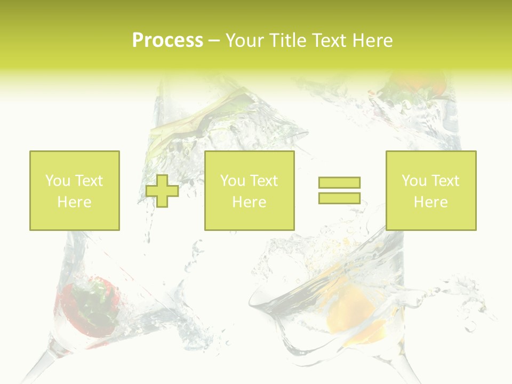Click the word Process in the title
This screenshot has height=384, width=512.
click(x=167, y=41)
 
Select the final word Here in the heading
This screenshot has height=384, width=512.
click(x=372, y=41)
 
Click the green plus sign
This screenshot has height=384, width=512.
click(x=162, y=191)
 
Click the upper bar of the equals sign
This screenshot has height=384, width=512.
click(x=339, y=182)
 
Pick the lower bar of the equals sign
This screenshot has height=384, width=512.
click(x=339, y=198)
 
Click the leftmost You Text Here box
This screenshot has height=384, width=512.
click(x=74, y=190)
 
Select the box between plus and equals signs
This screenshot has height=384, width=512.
click(x=249, y=190)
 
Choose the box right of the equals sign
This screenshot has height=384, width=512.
click(x=430, y=190)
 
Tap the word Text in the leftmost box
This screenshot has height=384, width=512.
click(x=88, y=181)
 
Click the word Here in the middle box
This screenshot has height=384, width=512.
click(x=249, y=202)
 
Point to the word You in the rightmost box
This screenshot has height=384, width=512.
click(x=414, y=181)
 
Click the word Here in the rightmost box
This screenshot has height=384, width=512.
click(x=430, y=202)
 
